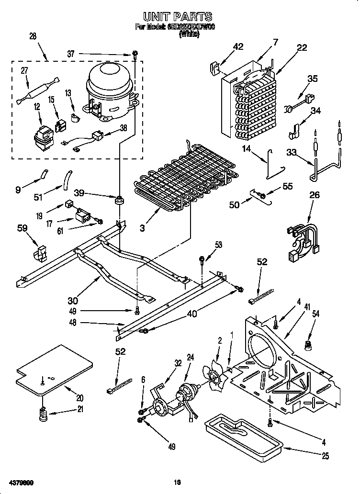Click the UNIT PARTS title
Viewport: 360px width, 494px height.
tap(178, 17)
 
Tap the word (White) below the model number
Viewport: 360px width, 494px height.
tap(189, 34)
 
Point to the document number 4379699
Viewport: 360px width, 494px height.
tap(20, 482)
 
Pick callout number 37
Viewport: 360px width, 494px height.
tap(71, 54)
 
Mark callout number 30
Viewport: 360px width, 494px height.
tap(73, 300)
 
